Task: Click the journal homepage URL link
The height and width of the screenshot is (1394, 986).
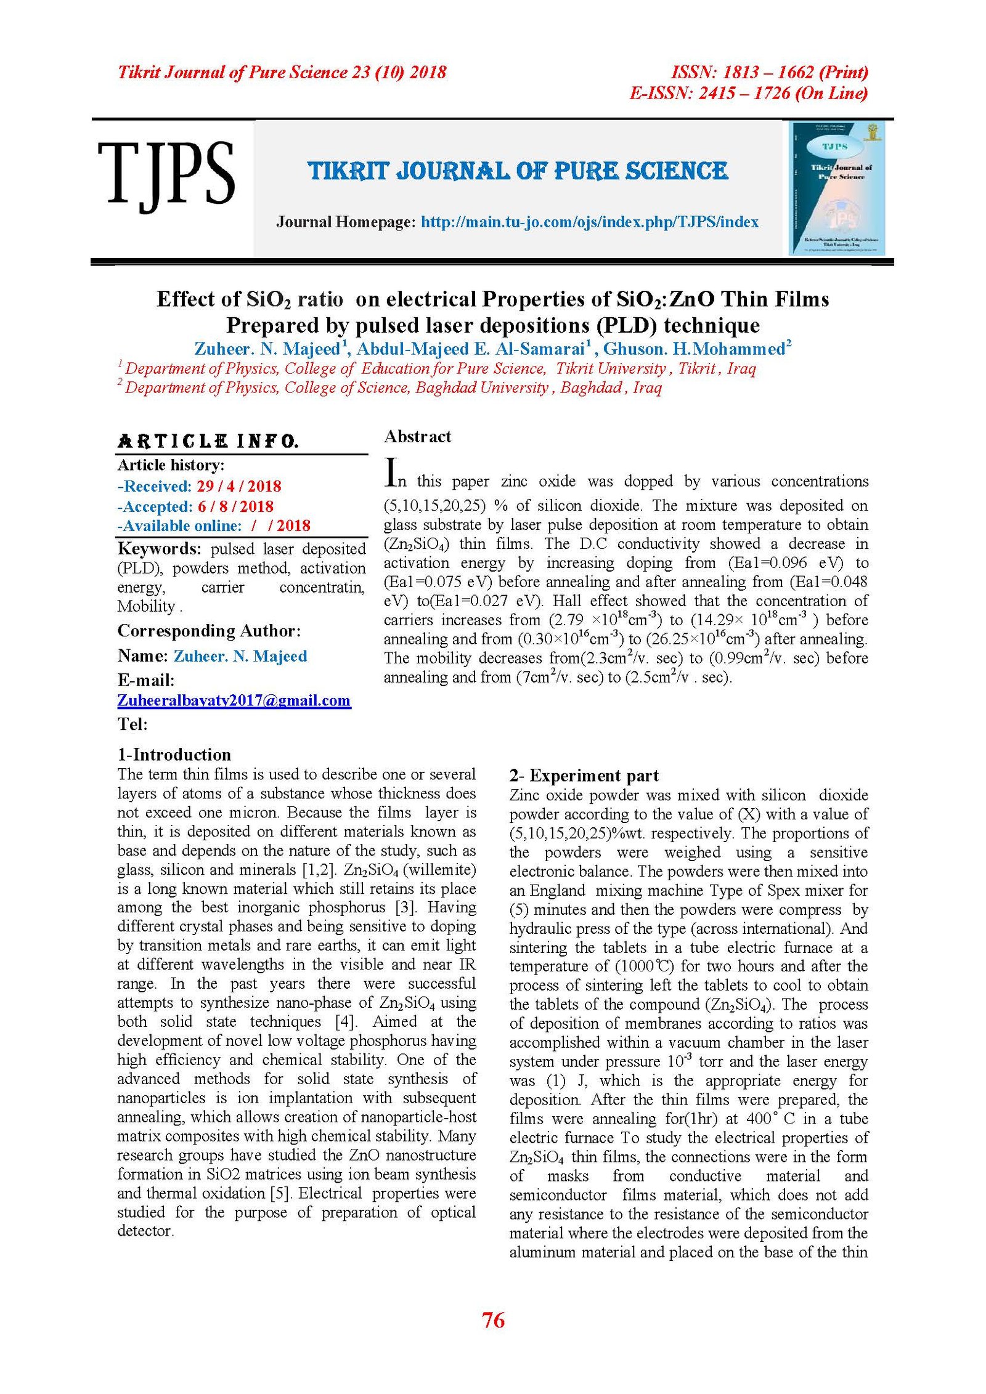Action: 589,222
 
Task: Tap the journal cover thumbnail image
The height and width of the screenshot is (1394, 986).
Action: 836,188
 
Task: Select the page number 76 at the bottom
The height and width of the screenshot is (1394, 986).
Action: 493,1320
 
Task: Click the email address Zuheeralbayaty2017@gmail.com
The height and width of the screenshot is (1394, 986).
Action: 234,700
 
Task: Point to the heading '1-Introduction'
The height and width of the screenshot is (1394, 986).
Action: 174,755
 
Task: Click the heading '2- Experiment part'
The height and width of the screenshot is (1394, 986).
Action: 584,776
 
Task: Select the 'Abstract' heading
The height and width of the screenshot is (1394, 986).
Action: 417,437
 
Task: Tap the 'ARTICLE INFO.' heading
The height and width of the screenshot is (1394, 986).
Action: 208,441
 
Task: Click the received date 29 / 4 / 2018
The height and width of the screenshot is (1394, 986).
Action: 238,486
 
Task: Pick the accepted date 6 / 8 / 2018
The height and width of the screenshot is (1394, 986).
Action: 235,506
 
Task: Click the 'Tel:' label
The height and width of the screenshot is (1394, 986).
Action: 132,724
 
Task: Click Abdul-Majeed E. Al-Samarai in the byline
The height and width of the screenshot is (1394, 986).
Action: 470,349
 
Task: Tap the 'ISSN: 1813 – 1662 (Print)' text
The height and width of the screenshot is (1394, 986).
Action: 769,73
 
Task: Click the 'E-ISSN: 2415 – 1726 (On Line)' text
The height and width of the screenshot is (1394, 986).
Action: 748,94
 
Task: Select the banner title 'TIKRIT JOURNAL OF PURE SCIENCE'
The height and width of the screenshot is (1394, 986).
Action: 518,171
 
